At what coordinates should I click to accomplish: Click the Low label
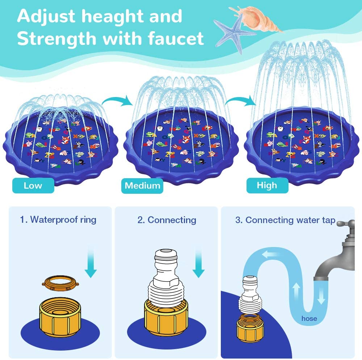pyautogui.click(x=33, y=186)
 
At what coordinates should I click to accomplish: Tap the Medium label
pyautogui.click(x=142, y=186)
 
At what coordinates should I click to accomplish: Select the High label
pyautogui.click(x=267, y=185)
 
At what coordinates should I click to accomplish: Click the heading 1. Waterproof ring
pyautogui.click(x=58, y=219)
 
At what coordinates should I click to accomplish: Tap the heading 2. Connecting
pyautogui.click(x=167, y=219)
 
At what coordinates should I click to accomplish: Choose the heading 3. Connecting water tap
pyautogui.click(x=285, y=220)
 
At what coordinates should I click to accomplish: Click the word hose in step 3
pyautogui.click(x=309, y=319)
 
